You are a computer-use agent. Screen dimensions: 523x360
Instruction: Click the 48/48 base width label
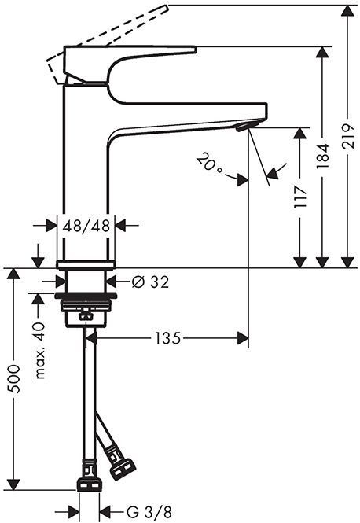(x=87, y=225)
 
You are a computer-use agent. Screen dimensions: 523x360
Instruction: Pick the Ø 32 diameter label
(x=149, y=281)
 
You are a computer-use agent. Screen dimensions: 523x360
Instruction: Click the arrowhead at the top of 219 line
(x=347, y=9)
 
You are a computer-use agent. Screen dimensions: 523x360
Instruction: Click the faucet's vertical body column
(x=83, y=173)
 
